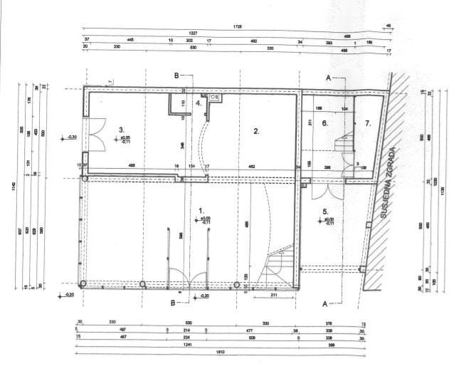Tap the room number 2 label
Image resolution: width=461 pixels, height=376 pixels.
(x=256, y=131)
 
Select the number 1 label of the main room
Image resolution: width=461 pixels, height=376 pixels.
(x=203, y=210)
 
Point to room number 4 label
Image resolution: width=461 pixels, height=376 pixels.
(x=198, y=102)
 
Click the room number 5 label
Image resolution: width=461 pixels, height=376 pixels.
(x=324, y=211)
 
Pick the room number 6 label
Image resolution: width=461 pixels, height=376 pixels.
(x=324, y=122)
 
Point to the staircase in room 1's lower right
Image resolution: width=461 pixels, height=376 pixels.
(x=279, y=266)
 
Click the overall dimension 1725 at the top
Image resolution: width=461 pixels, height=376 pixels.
(x=238, y=26)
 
